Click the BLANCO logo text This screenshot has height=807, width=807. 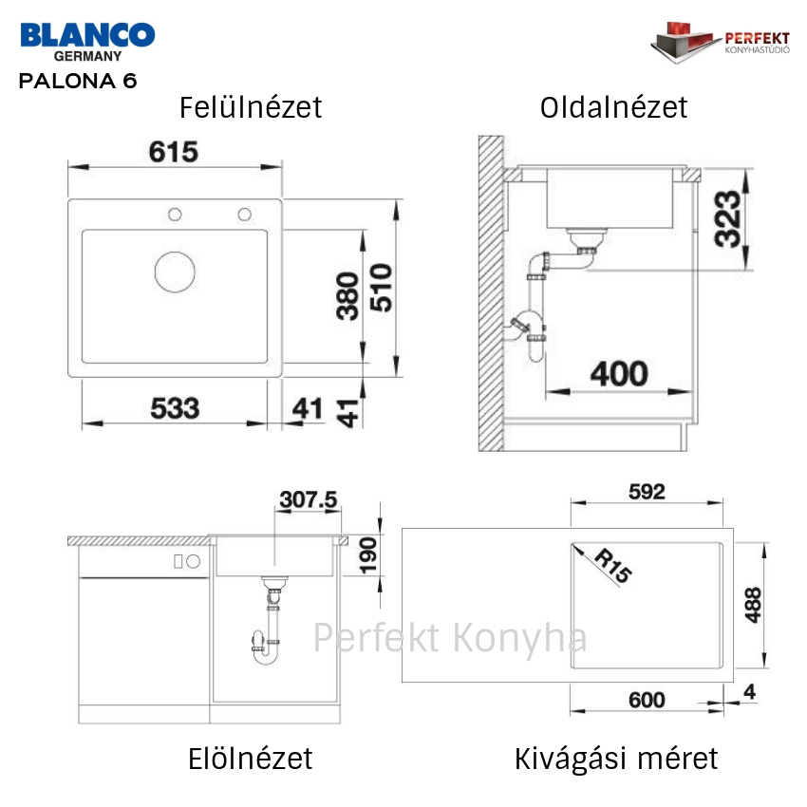tap(87, 35)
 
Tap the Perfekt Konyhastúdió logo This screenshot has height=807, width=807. tap(720, 42)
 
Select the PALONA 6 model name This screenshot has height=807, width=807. tap(78, 81)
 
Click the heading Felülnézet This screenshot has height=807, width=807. tap(251, 107)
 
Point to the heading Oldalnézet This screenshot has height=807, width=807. tap(613, 107)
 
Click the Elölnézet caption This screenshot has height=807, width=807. tap(250, 759)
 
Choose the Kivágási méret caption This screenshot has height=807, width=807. tap(616, 759)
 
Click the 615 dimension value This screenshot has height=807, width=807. tap(174, 152)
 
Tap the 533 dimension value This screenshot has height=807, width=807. tap(175, 408)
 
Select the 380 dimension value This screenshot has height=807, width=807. tap(347, 296)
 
